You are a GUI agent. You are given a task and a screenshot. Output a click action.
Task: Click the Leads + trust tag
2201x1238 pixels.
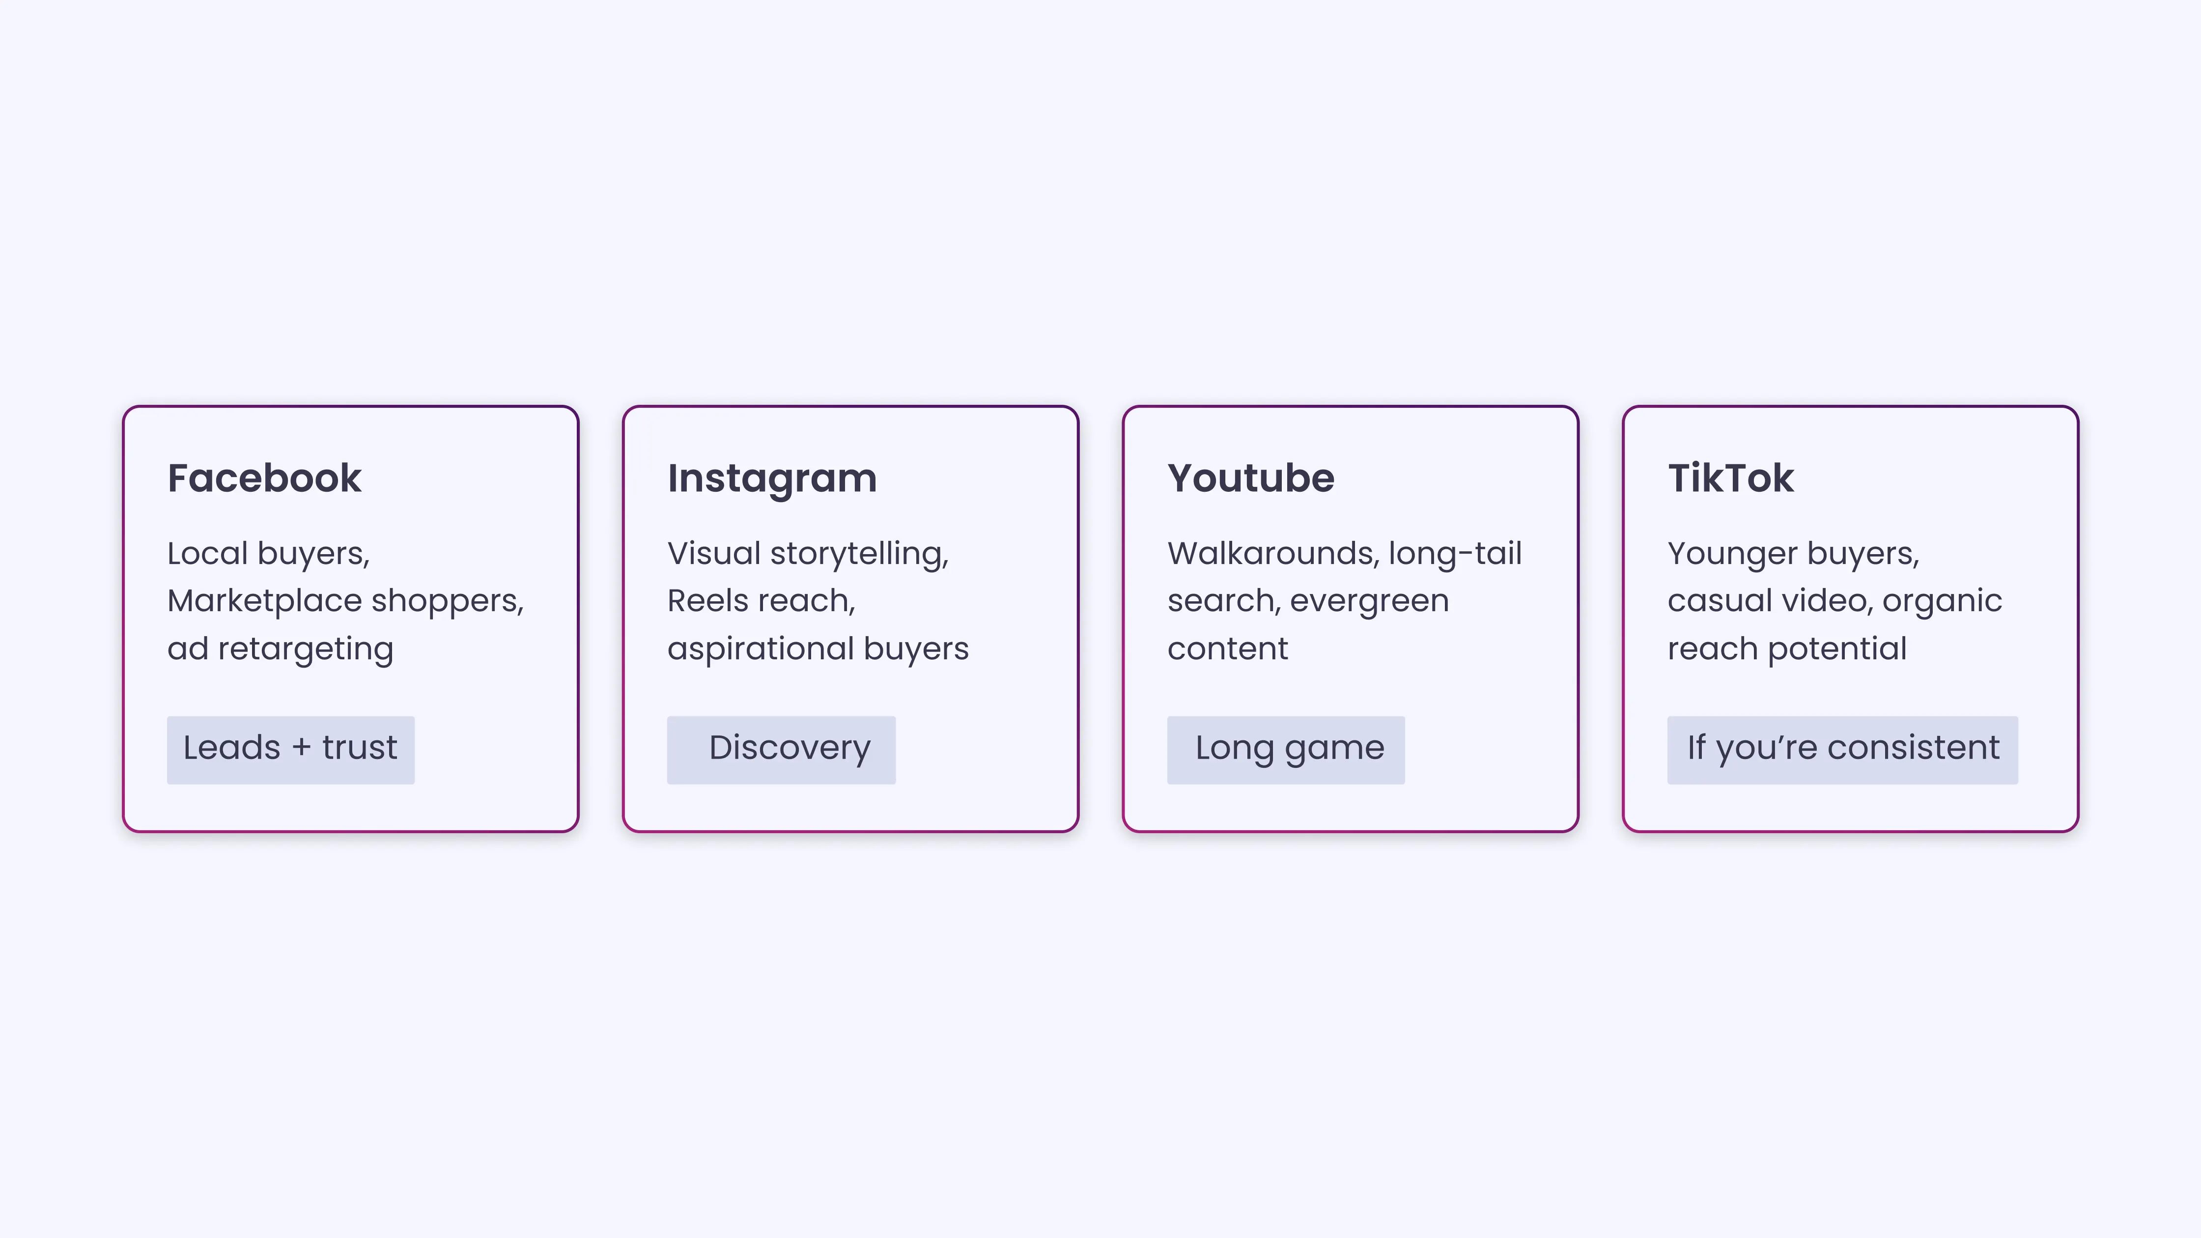click(290, 749)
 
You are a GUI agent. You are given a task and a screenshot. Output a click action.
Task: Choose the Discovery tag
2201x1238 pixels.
click(781, 749)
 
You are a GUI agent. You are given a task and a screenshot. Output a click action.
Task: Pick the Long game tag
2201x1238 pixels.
click(1286, 749)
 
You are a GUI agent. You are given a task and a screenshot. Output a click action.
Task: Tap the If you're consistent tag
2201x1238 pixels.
click(1842, 749)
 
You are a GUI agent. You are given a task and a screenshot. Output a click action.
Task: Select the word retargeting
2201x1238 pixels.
click(305, 650)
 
